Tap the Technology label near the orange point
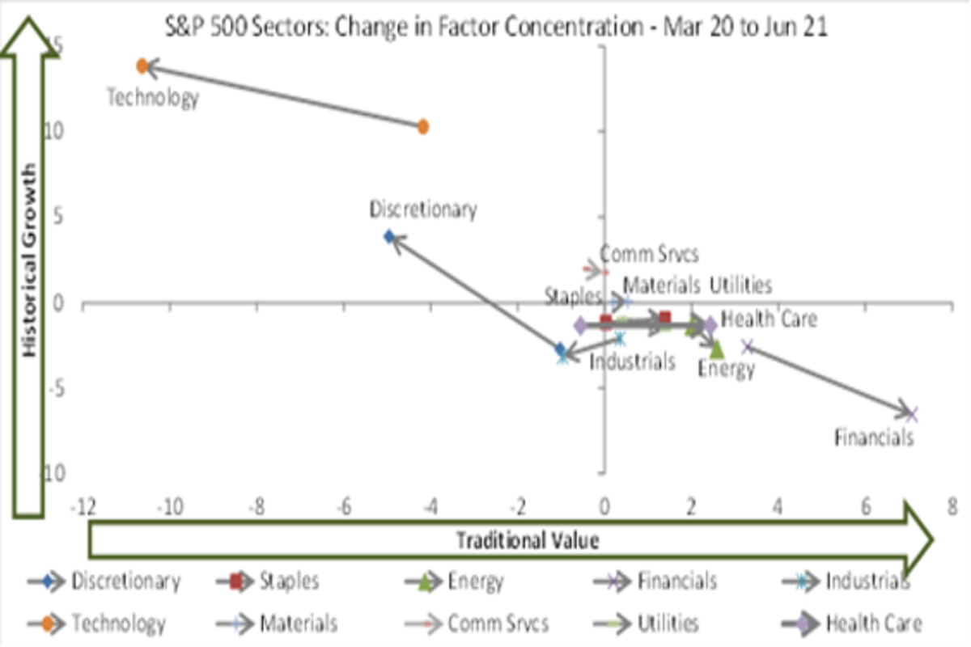click(x=153, y=99)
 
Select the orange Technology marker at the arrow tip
click(x=142, y=66)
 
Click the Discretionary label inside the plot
click(x=423, y=209)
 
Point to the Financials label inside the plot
click(x=874, y=438)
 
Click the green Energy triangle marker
click(x=716, y=348)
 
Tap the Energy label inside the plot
click(x=727, y=369)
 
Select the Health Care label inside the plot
click(x=769, y=319)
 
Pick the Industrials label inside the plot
click(x=632, y=362)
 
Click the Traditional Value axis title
click(x=528, y=540)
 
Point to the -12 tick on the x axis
click(x=84, y=507)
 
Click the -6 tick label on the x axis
click(x=344, y=507)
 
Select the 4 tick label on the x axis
click(x=778, y=507)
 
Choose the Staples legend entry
click(x=289, y=581)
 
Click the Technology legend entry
click(x=118, y=624)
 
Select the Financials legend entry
click(x=676, y=581)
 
